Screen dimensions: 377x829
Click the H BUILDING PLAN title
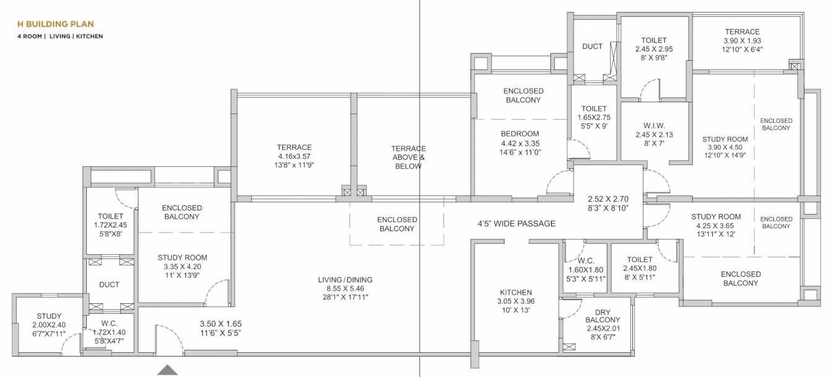pyautogui.click(x=56, y=24)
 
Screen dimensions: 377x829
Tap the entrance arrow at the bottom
pyautogui.click(x=167, y=370)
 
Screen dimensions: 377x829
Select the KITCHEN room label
pyautogui.click(x=516, y=293)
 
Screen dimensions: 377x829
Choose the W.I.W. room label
pyautogui.click(x=653, y=125)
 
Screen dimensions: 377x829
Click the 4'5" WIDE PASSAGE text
pyautogui.click(x=516, y=224)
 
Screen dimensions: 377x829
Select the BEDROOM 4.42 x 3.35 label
pyautogui.click(x=520, y=133)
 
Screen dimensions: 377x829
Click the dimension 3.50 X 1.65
pyautogui.click(x=220, y=324)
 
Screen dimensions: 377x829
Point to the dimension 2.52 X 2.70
pyautogui.click(x=608, y=199)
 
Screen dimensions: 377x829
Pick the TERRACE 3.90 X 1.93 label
pyautogui.click(x=742, y=32)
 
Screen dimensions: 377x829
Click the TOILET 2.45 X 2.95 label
pyautogui.click(x=653, y=40)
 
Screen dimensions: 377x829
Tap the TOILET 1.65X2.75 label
pyautogui.click(x=594, y=109)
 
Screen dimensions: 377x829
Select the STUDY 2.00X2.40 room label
pyautogui.click(x=49, y=316)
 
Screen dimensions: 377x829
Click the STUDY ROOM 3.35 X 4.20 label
pyautogui.click(x=182, y=257)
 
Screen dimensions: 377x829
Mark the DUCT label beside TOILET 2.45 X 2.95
pyautogui.click(x=593, y=47)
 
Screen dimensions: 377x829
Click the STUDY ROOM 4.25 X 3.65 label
pyautogui.click(x=717, y=216)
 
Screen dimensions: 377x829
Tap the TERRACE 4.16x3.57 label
pyautogui.click(x=294, y=148)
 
